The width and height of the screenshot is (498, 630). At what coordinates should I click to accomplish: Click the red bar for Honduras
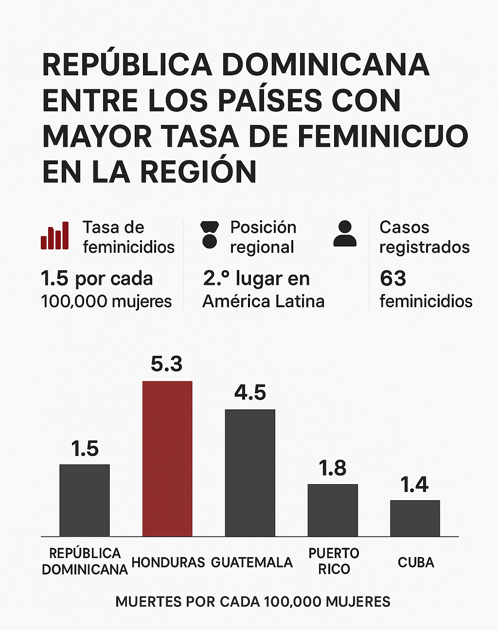pyautogui.click(x=167, y=458)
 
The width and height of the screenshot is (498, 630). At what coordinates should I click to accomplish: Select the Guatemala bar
pyautogui.click(x=250, y=472)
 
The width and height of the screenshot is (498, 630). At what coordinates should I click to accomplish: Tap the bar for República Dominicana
pyautogui.click(x=85, y=500)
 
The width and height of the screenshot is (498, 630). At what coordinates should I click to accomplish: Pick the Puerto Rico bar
pyautogui.click(x=333, y=510)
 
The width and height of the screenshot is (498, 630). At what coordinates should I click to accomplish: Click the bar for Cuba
pyautogui.click(x=415, y=518)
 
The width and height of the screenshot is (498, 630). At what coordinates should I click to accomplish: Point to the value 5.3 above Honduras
pyautogui.click(x=166, y=364)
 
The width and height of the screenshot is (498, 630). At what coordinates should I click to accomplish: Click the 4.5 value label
pyautogui.click(x=250, y=392)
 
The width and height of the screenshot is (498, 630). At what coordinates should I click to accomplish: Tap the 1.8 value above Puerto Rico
pyautogui.click(x=333, y=468)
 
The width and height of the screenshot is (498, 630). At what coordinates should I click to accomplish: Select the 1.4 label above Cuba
pyautogui.click(x=414, y=484)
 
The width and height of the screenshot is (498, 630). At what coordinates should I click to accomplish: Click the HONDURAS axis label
pyautogui.click(x=168, y=562)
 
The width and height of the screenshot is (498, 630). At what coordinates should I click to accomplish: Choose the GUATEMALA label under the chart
pyautogui.click(x=252, y=562)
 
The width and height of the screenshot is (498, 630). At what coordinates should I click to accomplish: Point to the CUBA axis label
pyautogui.click(x=416, y=562)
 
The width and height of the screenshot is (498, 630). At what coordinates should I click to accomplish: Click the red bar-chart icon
pyautogui.click(x=54, y=236)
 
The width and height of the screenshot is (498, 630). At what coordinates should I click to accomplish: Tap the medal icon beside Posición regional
pyautogui.click(x=210, y=234)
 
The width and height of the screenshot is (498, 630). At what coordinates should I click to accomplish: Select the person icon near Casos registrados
pyautogui.click(x=345, y=234)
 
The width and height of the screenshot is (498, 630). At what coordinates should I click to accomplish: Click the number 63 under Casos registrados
pyautogui.click(x=393, y=279)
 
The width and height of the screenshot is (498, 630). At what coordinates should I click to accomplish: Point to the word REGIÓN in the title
pyautogui.click(x=198, y=172)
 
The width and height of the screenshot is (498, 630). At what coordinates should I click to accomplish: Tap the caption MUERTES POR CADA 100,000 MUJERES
pyautogui.click(x=253, y=602)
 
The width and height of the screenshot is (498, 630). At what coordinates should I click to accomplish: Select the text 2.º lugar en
pyautogui.click(x=256, y=279)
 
